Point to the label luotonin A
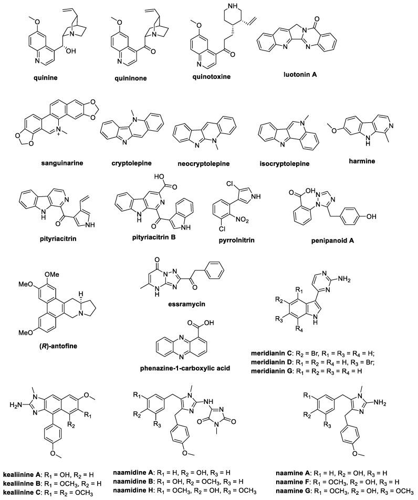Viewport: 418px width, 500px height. [x=311, y=75]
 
